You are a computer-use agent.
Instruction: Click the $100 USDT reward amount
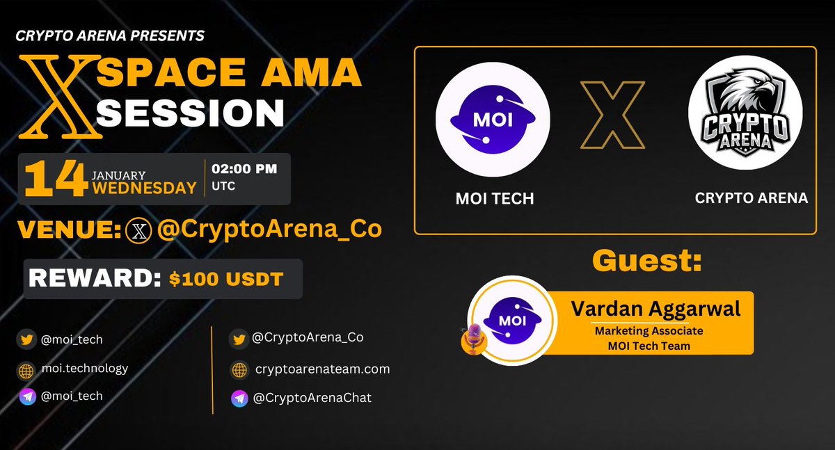pyautogui.click(x=226, y=279)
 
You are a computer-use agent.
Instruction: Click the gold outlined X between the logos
pyautogui.click(x=612, y=116)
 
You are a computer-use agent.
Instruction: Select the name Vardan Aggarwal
pyautogui.click(x=655, y=309)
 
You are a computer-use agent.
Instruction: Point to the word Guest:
pyautogui.click(x=646, y=262)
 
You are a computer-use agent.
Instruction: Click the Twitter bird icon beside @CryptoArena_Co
pyautogui.click(x=239, y=339)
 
